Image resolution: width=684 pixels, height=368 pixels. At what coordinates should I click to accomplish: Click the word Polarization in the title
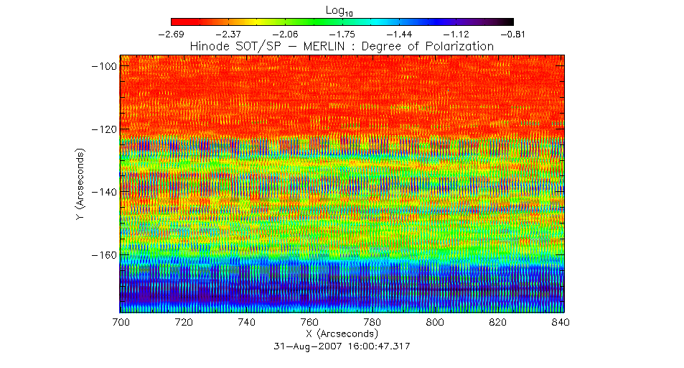(x=461, y=46)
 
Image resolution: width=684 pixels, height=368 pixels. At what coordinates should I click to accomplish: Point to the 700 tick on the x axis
(x=121, y=322)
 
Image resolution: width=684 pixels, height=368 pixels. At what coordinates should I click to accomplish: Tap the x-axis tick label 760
(x=309, y=322)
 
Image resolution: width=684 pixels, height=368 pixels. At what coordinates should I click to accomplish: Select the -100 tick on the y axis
(x=103, y=66)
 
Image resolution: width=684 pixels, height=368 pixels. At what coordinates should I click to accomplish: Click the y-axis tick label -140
(x=103, y=192)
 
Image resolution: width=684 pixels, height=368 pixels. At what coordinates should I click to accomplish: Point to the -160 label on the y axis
(x=103, y=254)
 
